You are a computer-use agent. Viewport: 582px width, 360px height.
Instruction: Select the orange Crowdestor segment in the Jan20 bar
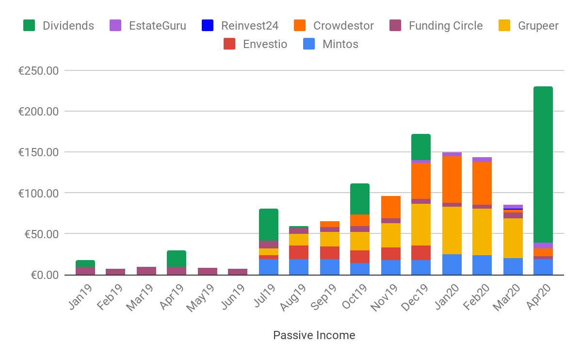click(x=452, y=179)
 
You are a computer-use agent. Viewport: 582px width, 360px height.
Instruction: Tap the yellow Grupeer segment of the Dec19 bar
click(x=421, y=225)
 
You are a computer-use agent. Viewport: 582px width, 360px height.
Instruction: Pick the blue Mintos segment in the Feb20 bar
click(x=482, y=265)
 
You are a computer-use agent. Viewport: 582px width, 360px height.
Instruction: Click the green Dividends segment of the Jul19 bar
click(x=269, y=225)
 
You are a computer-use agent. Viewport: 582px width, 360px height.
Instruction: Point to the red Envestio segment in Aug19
click(x=299, y=252)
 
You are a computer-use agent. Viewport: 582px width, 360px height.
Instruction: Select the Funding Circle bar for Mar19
click(x=146, y=271)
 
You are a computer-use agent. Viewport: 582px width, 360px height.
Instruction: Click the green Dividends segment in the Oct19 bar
click(x=360, y=199)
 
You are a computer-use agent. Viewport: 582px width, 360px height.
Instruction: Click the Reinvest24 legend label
click(x=249, y=26)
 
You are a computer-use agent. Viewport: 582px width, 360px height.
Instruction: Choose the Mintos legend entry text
click(x=340, y=44)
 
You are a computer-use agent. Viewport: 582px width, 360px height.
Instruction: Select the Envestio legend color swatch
click(x=229, y=44)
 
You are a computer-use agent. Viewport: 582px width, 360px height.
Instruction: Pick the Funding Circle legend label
click(x=445, y=26)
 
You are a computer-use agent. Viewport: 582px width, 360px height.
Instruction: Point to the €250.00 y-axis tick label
click(x=38, y=71)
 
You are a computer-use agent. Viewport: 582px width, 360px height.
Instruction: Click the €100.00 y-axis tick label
click(x=38, y=193)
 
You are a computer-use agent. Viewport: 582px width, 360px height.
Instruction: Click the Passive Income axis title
click(x=314, y=335)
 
